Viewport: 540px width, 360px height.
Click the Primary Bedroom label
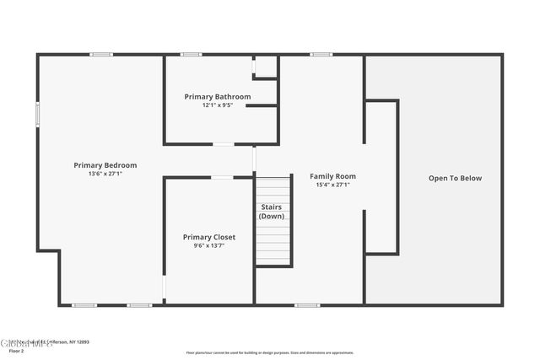tap(105, 165)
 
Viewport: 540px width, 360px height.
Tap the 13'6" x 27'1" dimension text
tap(105, 174)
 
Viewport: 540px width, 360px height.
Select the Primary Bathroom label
tap(217, 97)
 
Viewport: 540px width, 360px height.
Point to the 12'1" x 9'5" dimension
tap(217, 105)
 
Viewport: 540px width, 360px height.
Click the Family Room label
tap(332, 176)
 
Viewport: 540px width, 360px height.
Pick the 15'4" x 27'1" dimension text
tap(332, 185)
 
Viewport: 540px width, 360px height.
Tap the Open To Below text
tap(455, 178)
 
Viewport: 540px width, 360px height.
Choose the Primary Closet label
tap(209, 237)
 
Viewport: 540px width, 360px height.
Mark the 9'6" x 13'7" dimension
tap(209, 246)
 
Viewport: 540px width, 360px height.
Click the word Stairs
tap(272, 207)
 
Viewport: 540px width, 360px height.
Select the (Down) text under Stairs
tap(272, 216)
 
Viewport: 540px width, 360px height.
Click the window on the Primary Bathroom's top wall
tap(192, 55)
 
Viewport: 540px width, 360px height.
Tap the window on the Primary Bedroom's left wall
tap(37, 114)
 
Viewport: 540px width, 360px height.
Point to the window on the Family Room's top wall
tap(321, 55)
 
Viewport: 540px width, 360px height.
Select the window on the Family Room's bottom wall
tap(307, 304)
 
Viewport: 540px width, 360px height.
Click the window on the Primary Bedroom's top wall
tap(101, 55)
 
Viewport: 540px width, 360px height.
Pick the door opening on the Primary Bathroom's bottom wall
tap(223, 144)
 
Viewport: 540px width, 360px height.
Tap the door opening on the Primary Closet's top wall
tap(222, 177)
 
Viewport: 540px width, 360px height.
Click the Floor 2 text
tap(17, 350)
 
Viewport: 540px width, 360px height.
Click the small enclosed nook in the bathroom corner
tap(266, 67)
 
